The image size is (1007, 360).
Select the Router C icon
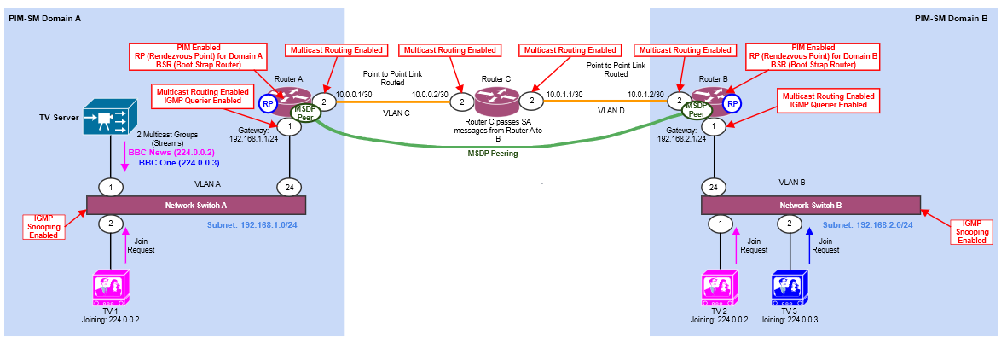496,102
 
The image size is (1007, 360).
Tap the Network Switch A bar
196,205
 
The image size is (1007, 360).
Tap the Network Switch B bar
810,206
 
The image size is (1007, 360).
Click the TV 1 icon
110,288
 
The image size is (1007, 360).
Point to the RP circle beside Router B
732,104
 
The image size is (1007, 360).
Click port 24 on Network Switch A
290,186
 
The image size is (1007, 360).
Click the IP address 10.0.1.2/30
645,94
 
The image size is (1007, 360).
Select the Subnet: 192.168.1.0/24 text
252,224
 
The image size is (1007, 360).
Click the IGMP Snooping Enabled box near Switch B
973,230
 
